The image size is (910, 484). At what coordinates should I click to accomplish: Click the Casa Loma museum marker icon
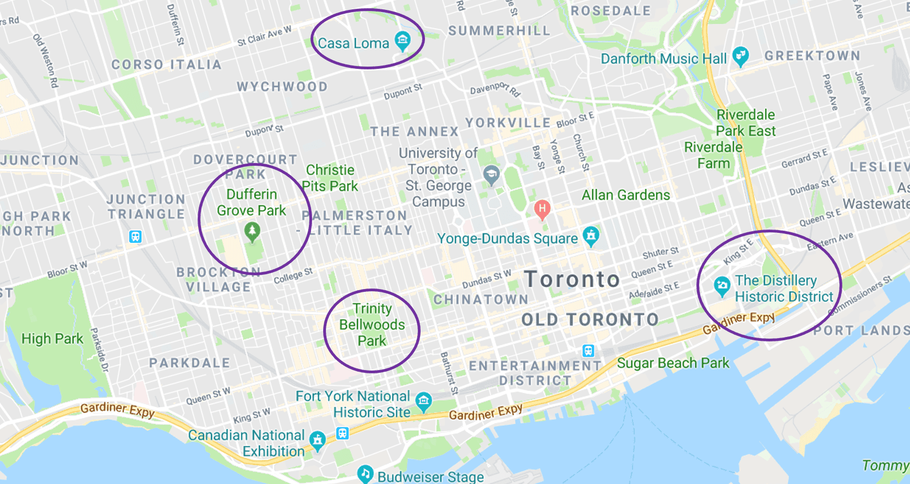click(x=403, y=41)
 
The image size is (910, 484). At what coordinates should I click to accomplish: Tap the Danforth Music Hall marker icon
click(x=741, y=56)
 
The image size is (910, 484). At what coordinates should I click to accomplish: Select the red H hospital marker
click(x=542, y=209)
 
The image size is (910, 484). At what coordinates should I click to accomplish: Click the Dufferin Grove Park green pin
click(x=252, y=232)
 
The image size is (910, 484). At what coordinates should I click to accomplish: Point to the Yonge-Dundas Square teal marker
click(x=591, y=236)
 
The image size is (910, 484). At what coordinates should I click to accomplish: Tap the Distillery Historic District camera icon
click(x=722, y=286)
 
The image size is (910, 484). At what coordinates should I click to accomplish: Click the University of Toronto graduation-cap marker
click(x=491, y=175)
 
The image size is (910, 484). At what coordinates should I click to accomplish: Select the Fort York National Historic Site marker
click(x=423, y=401)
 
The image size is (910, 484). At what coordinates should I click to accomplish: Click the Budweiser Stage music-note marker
click(x=365, y=474)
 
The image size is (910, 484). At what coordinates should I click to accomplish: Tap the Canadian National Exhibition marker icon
click(x=317, y=440)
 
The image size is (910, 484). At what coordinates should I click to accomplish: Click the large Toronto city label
click(x=572, y=279)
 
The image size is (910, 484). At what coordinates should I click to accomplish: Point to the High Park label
click(x=52, y=339)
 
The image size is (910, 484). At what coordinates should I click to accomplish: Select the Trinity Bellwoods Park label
click(x=372, y=324)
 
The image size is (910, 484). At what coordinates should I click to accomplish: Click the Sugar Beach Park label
click(x=673, y=363)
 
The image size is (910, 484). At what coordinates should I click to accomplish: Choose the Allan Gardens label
click(x=626, y=195)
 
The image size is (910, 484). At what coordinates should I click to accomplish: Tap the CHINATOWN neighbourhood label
click(x=481, y=300)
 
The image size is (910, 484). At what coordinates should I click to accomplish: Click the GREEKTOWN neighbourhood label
click(x=812, y=56)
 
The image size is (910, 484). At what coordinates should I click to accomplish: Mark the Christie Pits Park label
click(x=330, y=178)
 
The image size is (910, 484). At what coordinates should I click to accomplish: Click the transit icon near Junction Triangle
click(x=135, y=237)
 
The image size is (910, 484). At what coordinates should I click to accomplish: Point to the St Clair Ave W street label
click(x=264, y=36)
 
